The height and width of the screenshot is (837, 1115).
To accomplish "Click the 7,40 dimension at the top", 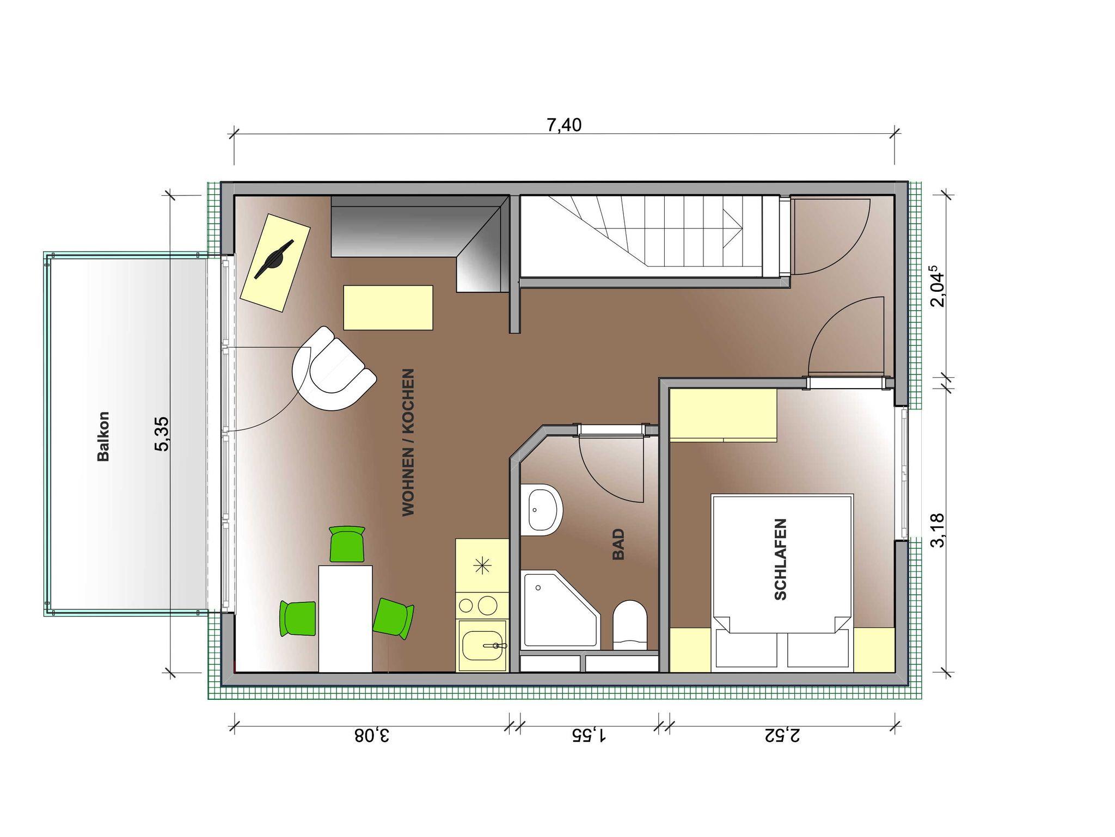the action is tap(564, 125).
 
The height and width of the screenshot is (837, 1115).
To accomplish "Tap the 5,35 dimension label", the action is tap(162, 434).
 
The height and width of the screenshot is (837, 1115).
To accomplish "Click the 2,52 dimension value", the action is tap(782, 736).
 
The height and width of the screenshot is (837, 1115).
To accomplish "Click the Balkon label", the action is tap(103, 436).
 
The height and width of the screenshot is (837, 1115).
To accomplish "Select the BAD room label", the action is tap(618, 544).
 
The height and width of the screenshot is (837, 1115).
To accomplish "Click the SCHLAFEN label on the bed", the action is tap(780, 559).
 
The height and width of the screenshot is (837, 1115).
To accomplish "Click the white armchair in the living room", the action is tap(333, 369).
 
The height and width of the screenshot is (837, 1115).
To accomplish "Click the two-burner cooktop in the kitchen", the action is tap(482, 605).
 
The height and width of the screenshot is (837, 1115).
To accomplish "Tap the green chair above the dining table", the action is tap(347, 543).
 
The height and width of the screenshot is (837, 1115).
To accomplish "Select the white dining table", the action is tap(345, 619).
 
